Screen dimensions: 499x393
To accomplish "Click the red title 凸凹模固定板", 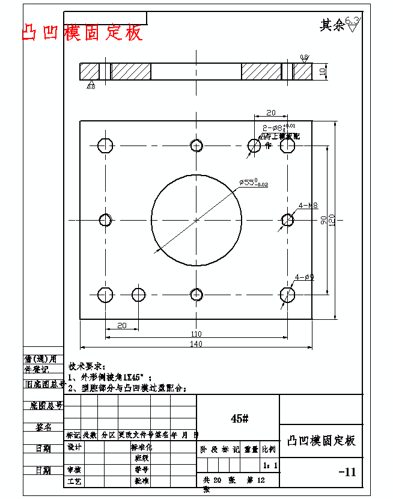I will pyautogui.click(x=83, y=33).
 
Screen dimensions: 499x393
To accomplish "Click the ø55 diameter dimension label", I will pyautogui.click(x=253, y=182).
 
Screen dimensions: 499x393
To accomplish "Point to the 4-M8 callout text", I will pyautogui.click(x=308, y=206).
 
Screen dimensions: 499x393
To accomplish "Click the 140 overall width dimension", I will pyautogui.click(x=196, y=343).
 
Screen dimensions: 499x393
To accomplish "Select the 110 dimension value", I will pyautogui.click(x=196, y=334).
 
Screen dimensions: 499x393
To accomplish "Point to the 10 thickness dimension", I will pyautogui.click(x=322, y=71).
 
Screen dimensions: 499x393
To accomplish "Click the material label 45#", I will pyautogui.click(x=239, y=418).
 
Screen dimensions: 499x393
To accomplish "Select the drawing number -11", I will pyautogui.click(x=347, y=472).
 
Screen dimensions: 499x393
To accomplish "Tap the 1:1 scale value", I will pyautogui.click(x=270, y=465).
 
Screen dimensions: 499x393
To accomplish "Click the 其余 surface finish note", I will pyautogui.click(x=332, y=25).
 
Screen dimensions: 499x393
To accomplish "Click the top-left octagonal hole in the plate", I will pyautogui.click(x=105, y=145).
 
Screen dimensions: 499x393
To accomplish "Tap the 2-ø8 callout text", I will pyautogui.click(x=278, y=127).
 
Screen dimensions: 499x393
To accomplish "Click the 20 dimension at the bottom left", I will pyautogui.click(x=121, y=325).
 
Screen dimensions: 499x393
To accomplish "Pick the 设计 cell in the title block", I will pyautogui.click(x=75, y=447).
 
